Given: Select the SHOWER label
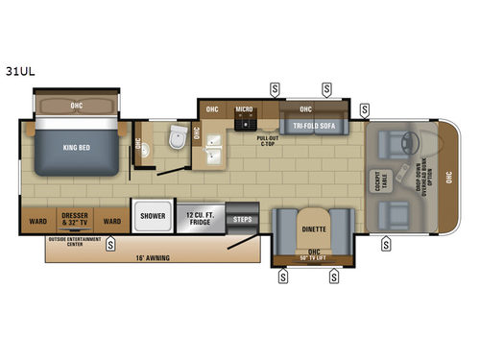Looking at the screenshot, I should tap(154, 217).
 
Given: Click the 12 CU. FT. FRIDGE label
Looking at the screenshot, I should tap(201, 217).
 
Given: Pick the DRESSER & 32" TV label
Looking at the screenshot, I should tap(74, 218).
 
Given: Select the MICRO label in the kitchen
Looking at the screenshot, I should tap(245, 109).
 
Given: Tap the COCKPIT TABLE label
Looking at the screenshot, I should tap(374, 181).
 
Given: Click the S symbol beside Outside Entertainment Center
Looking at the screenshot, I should tap(110, 243).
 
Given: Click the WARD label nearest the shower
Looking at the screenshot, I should tap(112, 219).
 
